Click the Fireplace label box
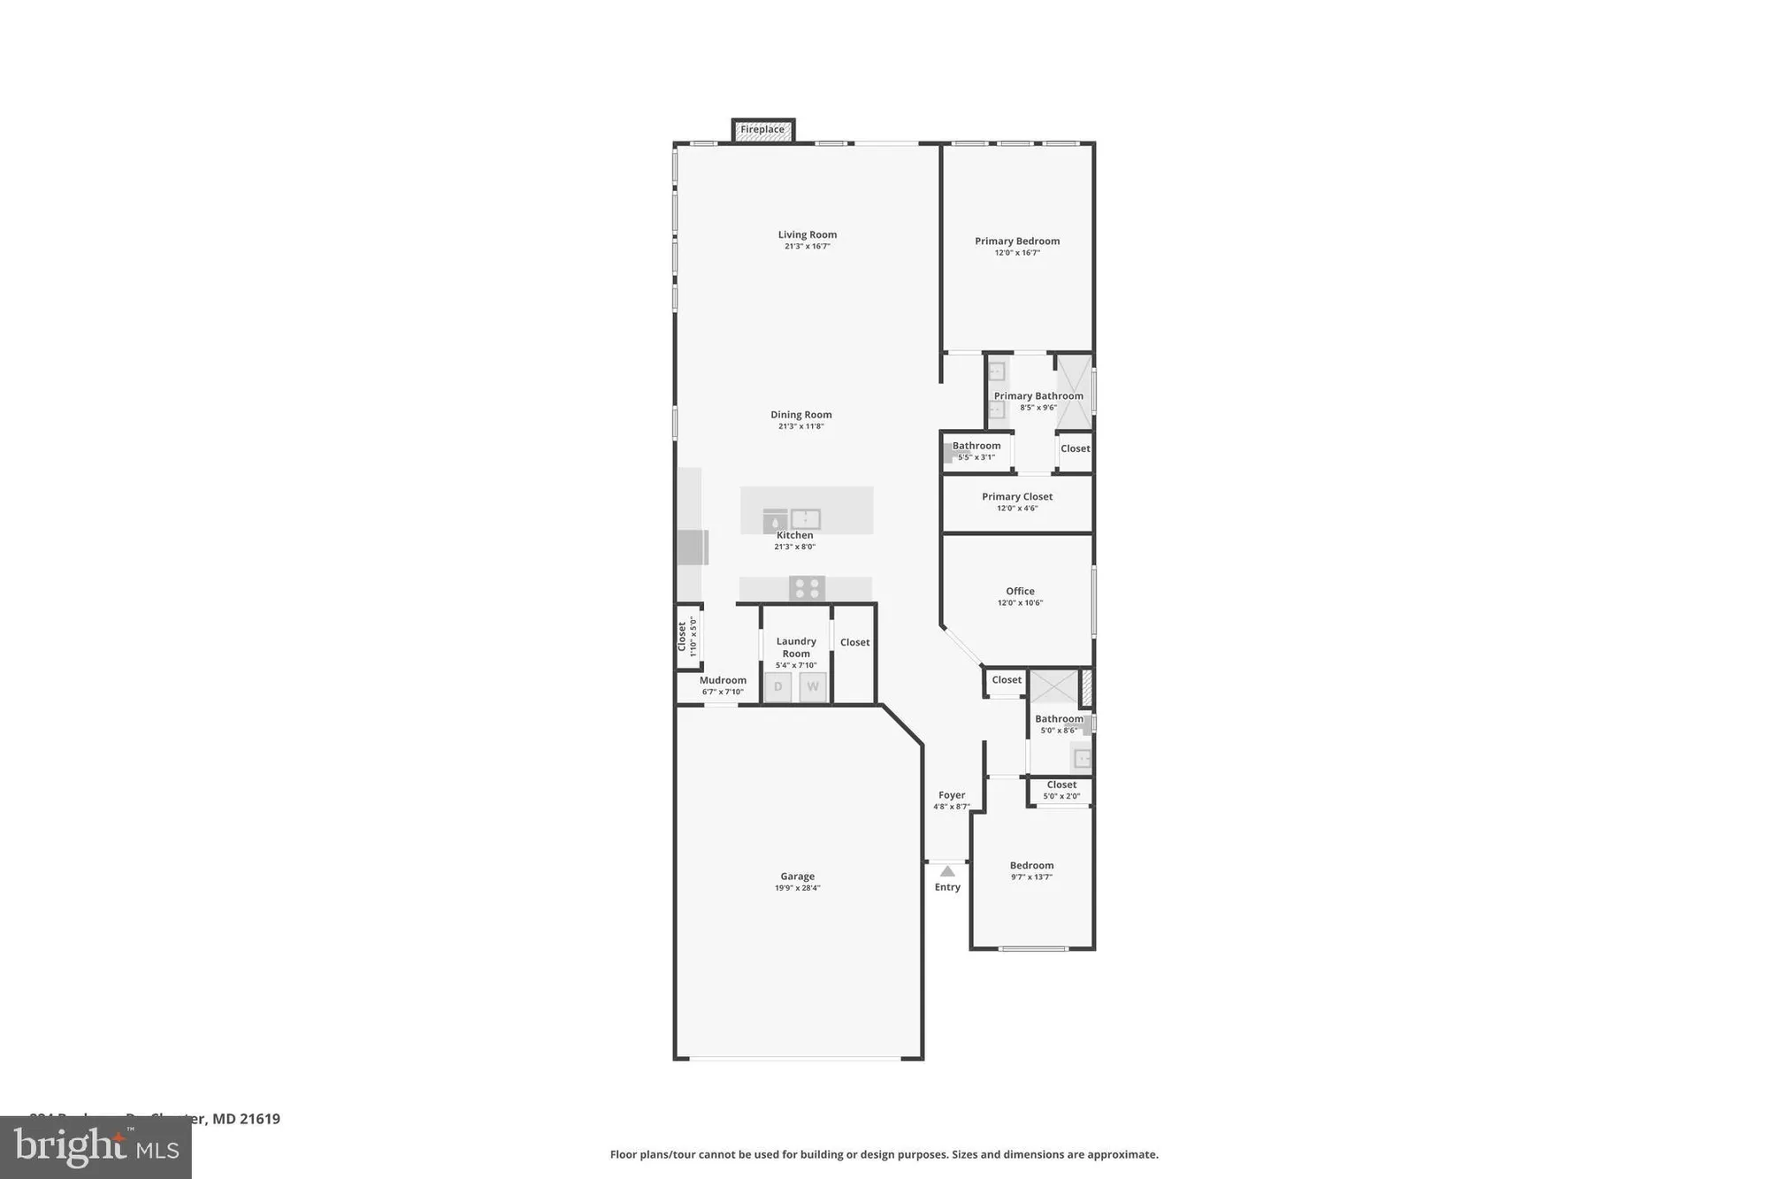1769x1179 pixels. [762, 130]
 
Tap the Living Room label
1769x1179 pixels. [807, 234]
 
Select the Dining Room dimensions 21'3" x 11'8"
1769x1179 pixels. [800, 426]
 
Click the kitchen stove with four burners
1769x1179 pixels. [807, 588]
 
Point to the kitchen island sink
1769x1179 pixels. [805, 518]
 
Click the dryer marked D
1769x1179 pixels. [778, 686]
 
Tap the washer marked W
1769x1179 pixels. [813, 686]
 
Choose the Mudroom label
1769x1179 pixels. [723, 680]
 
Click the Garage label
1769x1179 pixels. [797, 877]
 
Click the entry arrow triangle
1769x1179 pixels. [947, 871]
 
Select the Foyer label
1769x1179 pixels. [952, 795]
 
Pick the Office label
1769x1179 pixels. [1020, 591]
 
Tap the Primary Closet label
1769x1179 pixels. [1017, 496]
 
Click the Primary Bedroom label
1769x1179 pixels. [1017, 241]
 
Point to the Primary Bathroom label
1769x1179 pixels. [1038, 396]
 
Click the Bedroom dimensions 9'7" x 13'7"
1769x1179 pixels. [1031, 877]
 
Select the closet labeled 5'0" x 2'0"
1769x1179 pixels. [1061, 790]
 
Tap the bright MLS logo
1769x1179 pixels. [96, 1147]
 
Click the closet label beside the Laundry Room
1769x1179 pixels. [854, 642]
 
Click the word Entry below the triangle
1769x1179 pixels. [947, 887]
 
